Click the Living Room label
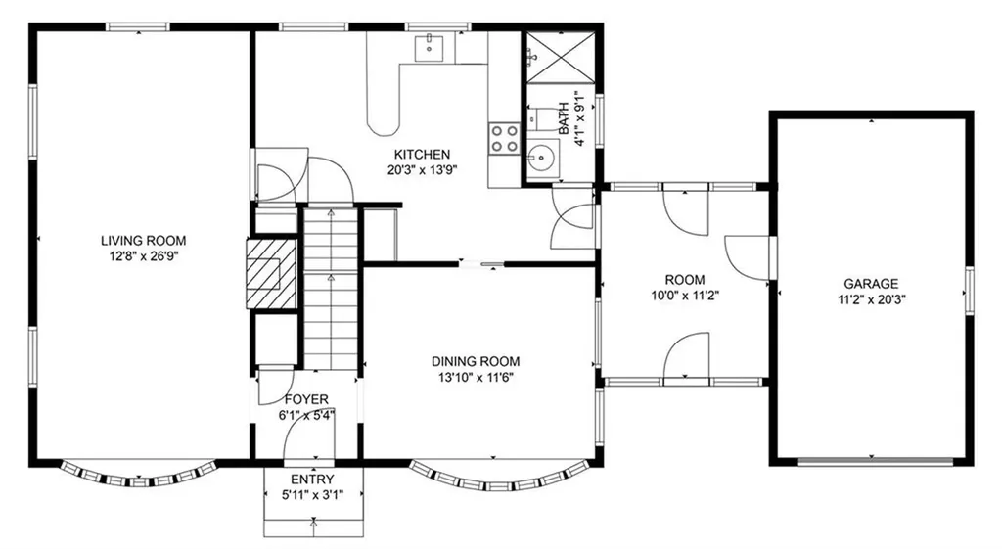[x=143, y=241]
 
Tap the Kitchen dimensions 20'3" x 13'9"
[x=423, y=170]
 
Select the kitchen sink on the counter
[x=431, y=48]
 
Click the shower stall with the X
[x=560, y=58]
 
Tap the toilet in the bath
[x=542, y=118]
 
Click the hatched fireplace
[x=272, y=274]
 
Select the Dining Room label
[x=476, y=362]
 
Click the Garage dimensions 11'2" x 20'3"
[x=872, y=299]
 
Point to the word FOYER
[x=306, y=399]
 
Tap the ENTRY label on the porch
[x=312, y=480]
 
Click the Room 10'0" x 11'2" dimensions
[x=685, y=296]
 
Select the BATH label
[x=565, y=118]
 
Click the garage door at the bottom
[x=872, y=461]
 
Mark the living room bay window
[x=140, y=474]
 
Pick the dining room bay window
[x=497, y=479]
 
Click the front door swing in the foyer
[x=308, y=441]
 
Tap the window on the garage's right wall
[x=970, y=291]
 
